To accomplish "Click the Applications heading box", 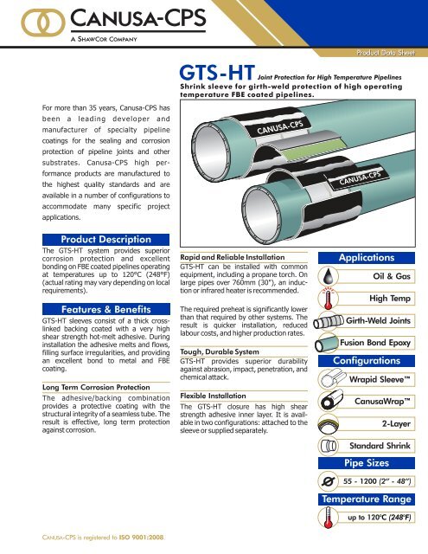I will pyautogui.click(x=366, y=258).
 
